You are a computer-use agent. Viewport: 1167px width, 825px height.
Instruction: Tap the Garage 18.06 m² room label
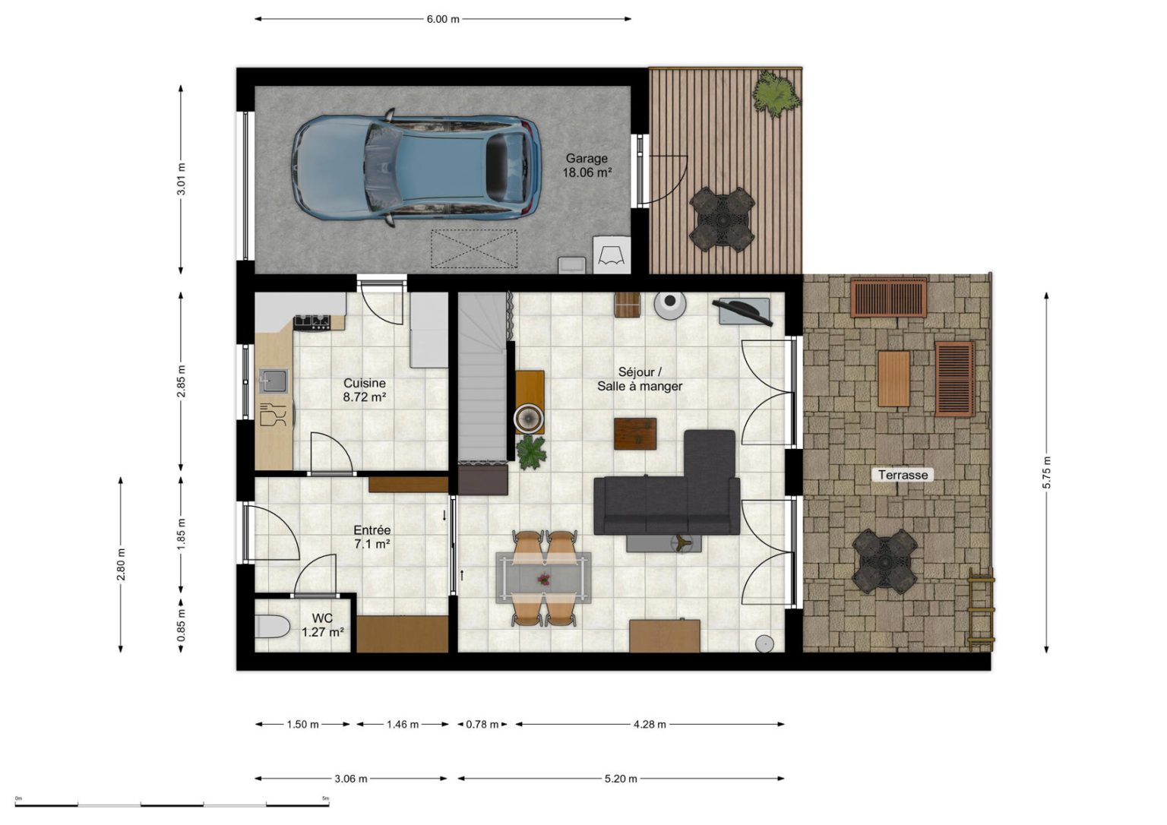coord(587,166)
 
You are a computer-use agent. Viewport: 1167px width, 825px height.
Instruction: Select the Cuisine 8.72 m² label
coord(364,390)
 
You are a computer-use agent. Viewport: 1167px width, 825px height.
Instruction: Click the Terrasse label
coord(903,475)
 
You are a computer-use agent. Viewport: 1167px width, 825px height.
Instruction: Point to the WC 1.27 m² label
coord(322,625)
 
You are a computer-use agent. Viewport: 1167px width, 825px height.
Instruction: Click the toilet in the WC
coord(272,627)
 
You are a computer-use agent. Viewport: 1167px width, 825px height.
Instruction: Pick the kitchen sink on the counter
coord(274,381)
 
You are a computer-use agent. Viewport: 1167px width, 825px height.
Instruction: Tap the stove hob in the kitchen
coord(312,323)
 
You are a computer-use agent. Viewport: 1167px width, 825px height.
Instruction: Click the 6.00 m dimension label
coord(443,19)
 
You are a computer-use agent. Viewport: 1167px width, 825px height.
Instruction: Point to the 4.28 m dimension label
coord(650,724)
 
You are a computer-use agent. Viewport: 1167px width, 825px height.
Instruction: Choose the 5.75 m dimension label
coord(1047,472)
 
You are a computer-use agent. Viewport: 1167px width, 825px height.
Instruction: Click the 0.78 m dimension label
coord(482,724)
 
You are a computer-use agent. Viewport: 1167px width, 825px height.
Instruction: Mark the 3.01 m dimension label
coord(182,179)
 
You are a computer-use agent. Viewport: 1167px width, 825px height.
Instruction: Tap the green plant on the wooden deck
coord(776,94)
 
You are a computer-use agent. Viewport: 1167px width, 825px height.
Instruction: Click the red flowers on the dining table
coord(544,578)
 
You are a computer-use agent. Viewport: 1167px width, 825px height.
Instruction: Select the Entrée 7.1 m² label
coord(372,537)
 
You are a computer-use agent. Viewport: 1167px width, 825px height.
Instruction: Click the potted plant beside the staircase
coord(531,452)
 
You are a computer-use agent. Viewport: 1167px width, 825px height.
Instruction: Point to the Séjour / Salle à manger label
coord(640,379)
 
